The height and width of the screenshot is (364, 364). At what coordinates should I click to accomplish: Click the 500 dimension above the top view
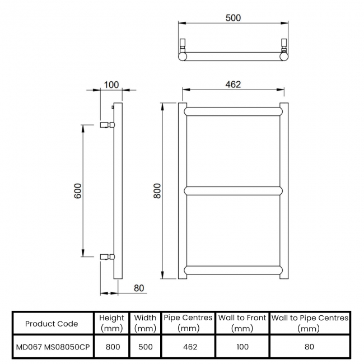point(233,18)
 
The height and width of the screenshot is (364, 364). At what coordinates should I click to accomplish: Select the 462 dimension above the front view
point(233,85)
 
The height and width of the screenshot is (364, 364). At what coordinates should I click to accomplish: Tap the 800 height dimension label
point(157,191)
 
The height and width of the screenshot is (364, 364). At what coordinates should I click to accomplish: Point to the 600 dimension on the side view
point(78,191)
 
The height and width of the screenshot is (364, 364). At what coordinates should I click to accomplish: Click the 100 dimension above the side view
point(111,85)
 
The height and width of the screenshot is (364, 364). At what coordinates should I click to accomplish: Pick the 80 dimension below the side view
point(139,288)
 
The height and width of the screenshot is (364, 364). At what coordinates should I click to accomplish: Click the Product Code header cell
point(52,324)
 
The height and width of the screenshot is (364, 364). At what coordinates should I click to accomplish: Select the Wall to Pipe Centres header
point(310,323)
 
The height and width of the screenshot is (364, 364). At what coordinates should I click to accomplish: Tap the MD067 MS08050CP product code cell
point(53,347)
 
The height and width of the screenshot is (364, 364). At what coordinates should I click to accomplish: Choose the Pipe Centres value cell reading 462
point(190,347)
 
